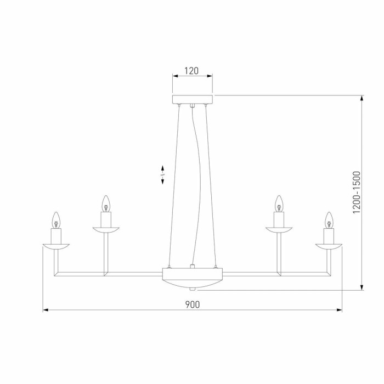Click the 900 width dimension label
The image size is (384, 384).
pos(191,303)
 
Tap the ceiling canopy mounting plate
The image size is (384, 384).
pos(191,99)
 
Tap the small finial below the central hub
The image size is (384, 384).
pos(191,288)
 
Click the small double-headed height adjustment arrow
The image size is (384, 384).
pos(162,174)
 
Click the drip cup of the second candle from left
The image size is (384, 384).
pos(106,229)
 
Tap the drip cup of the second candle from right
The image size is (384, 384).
pos(278,229)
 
